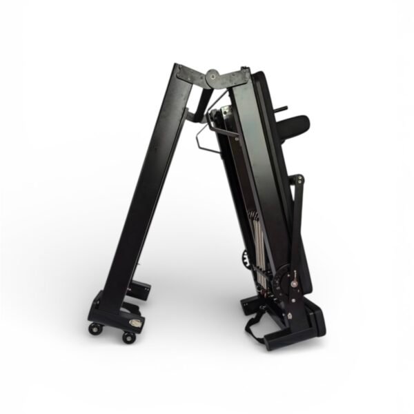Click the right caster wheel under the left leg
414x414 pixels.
[128, 337]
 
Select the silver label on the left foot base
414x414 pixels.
[137, 323]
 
